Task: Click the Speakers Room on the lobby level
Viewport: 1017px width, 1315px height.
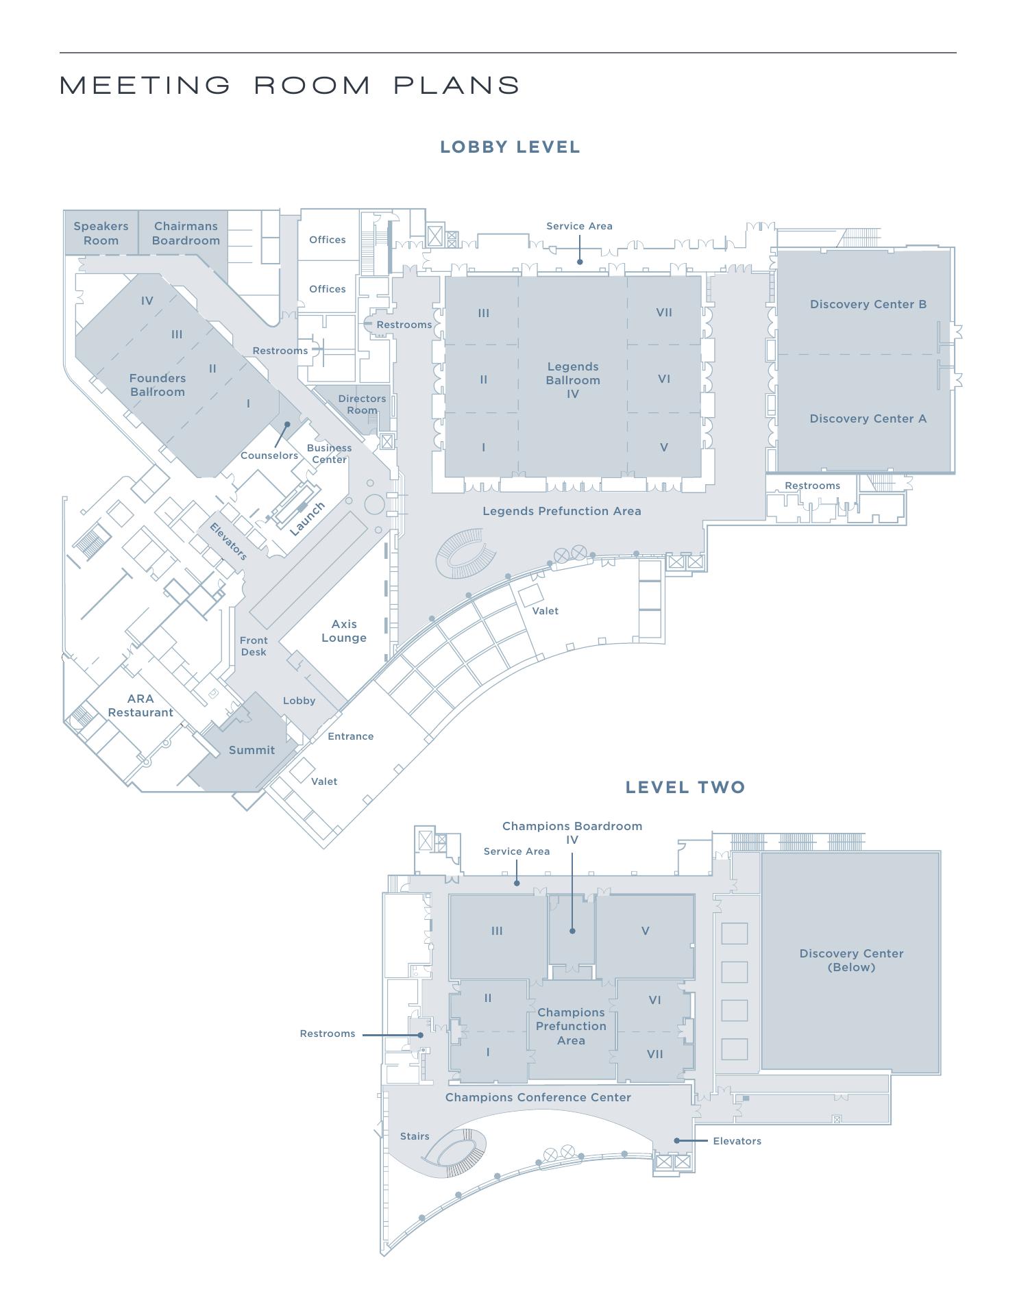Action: tap(101, 234)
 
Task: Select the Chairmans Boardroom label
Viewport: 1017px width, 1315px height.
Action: tap(186, 234)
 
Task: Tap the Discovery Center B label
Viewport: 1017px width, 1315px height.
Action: tap(868, 304)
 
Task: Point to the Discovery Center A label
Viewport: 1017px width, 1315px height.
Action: tap(868, 418)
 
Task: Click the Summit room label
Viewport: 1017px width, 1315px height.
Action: tap(252, 750)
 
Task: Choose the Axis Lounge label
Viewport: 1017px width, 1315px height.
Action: tap(344, 631)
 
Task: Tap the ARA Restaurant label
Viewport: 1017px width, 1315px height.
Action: tap(140, 705)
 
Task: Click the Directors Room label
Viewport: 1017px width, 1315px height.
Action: tap(362, 404)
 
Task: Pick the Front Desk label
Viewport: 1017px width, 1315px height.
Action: tap(254, 646)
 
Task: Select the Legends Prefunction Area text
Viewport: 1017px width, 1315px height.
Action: tap(562, 511)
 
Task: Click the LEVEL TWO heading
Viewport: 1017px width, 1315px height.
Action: tap(685, 788)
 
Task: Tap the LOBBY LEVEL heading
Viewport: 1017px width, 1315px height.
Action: tap(511, 147)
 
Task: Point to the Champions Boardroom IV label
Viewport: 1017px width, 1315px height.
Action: tap(572, 833)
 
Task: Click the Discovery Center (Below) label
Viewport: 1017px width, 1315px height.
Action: tap(851, 960)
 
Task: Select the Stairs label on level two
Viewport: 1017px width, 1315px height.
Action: tap(415, 1136)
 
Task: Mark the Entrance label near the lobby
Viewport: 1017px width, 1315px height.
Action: tap(351, 736)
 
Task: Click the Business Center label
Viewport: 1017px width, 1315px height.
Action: tap(330, 453)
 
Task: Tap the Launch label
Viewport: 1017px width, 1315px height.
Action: tap(307, 519)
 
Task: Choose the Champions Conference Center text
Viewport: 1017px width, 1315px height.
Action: tap(538, 1097)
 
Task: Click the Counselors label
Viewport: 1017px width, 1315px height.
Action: tap(269, 455)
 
